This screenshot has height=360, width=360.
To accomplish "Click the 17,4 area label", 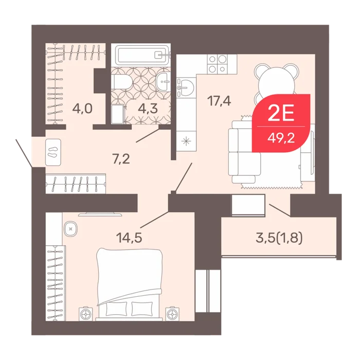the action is click(219, 101).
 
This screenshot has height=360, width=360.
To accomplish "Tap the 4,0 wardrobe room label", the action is click(82, 109).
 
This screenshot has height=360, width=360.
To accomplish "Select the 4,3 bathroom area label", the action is click(148, 109).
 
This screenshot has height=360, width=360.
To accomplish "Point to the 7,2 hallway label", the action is click(121, 159).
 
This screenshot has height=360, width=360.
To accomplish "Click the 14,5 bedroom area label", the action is click(129, 238).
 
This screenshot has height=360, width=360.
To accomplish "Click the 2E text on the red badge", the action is click(281, 114).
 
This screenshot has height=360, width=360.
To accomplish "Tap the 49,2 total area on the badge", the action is click(281, 138).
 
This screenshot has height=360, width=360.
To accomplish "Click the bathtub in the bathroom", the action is click(142, 55).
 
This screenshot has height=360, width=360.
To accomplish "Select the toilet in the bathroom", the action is click(122, 82).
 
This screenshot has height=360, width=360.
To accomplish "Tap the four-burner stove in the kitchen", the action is click(217, 64).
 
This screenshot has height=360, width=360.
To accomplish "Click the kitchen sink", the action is click(185, 87).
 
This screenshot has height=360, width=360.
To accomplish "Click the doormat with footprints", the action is click(53, 152).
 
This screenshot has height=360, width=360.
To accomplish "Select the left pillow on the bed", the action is click(116, 309).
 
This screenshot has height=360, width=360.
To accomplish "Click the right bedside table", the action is click(173, 314).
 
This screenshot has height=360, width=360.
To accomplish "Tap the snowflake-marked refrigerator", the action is click(186, 141).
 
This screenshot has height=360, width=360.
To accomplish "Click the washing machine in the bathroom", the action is click(117, 114).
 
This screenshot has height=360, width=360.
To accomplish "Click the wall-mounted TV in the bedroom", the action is click(100, 214).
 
